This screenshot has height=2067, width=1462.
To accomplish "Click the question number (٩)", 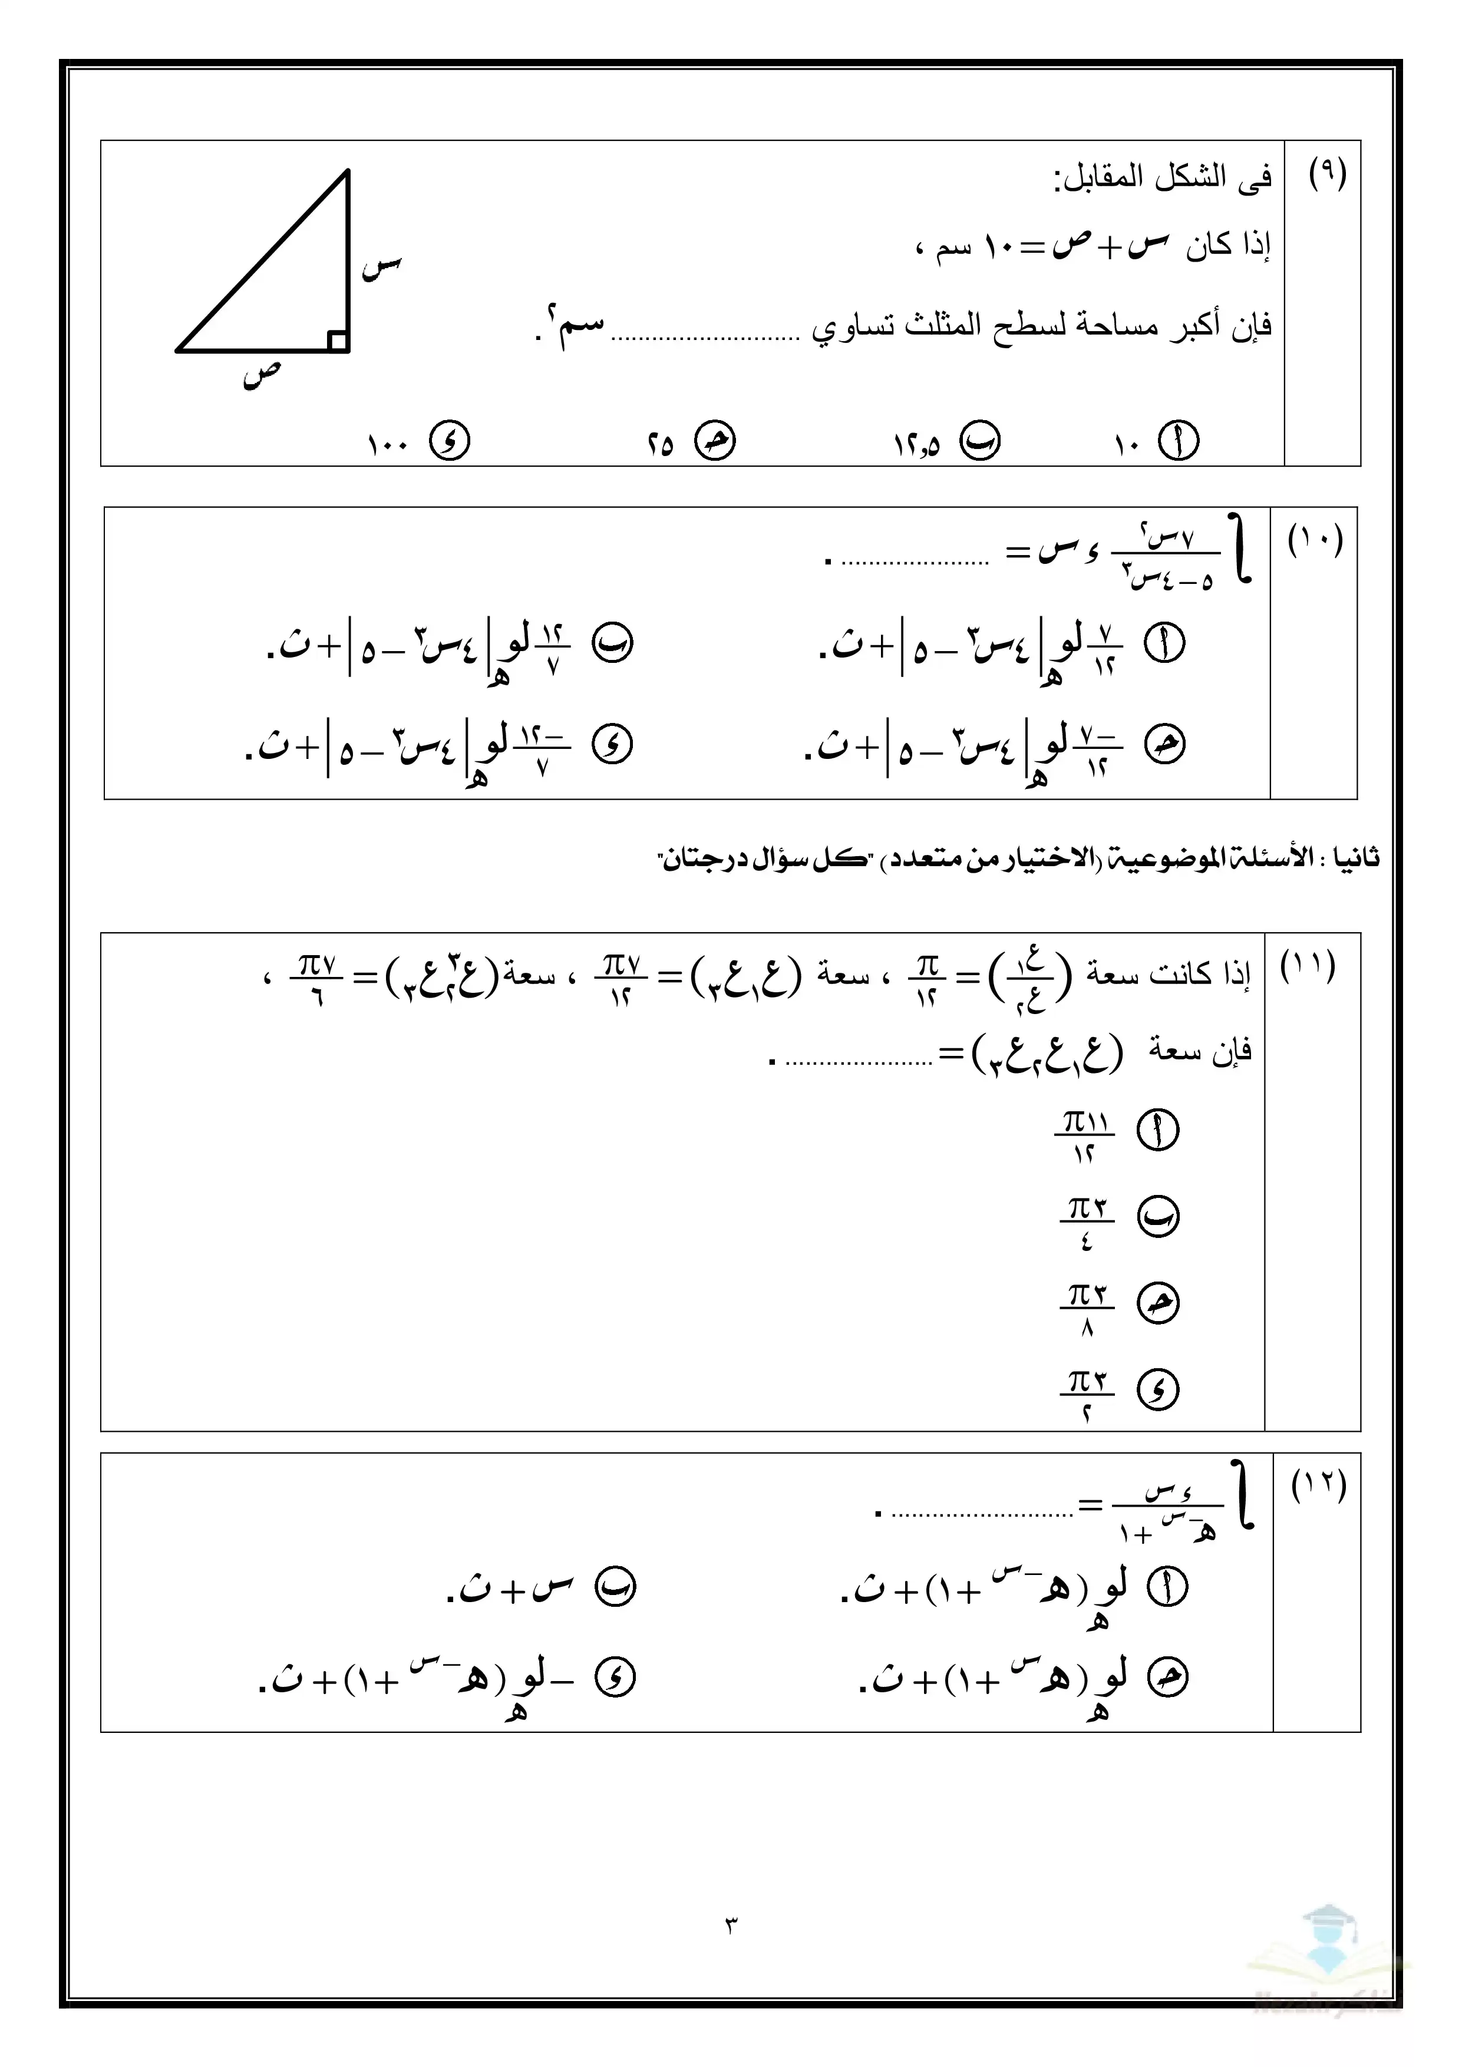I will point(1327,172).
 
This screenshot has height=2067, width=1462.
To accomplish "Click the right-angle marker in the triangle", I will point(338,341).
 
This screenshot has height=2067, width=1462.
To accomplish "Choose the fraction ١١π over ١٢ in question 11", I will point(1085,1136).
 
